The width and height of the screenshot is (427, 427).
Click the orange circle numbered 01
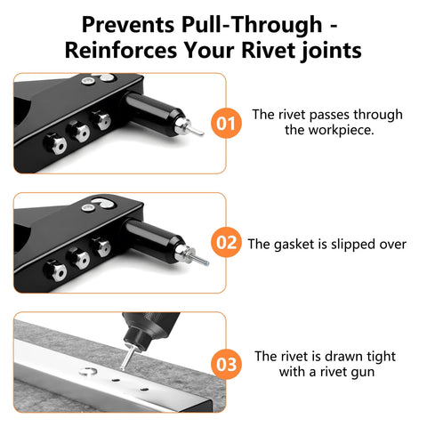pyautogui.click(x=226, y=123)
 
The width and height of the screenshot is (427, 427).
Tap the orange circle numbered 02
pyautogui.click(x=226, y=242)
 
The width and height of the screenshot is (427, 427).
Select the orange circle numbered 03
pyautogui.click(x=226, y=363)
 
